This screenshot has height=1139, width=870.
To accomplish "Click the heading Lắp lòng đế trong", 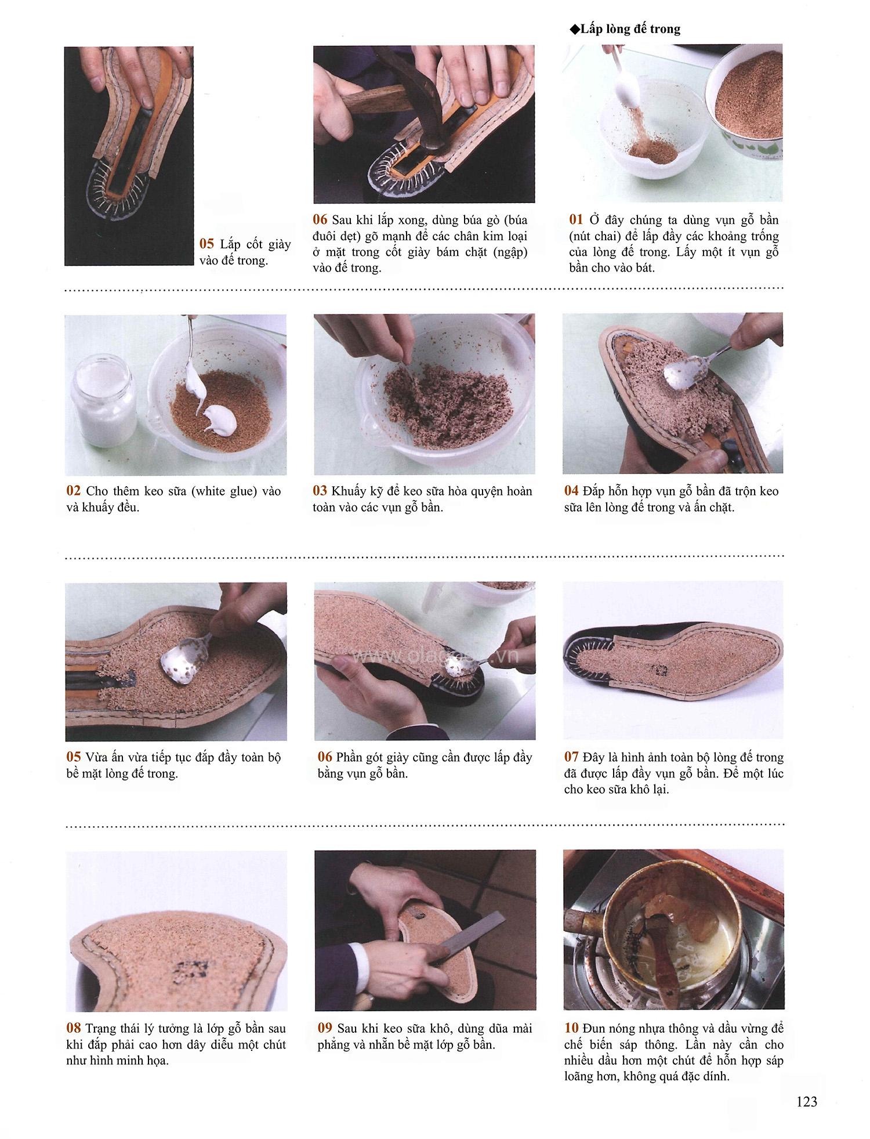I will click(x=630, y=29).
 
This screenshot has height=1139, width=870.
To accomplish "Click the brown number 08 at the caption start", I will click(x=74, y=1029).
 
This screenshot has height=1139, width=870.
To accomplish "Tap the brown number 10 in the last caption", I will click(x=571, y=1028).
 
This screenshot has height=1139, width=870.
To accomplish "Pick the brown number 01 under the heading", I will click(x=575, y=220).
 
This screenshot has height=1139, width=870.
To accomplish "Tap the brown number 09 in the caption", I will click(x=325, y=1029).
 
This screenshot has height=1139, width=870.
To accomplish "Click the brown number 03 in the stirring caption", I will click(x=320, y=491).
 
